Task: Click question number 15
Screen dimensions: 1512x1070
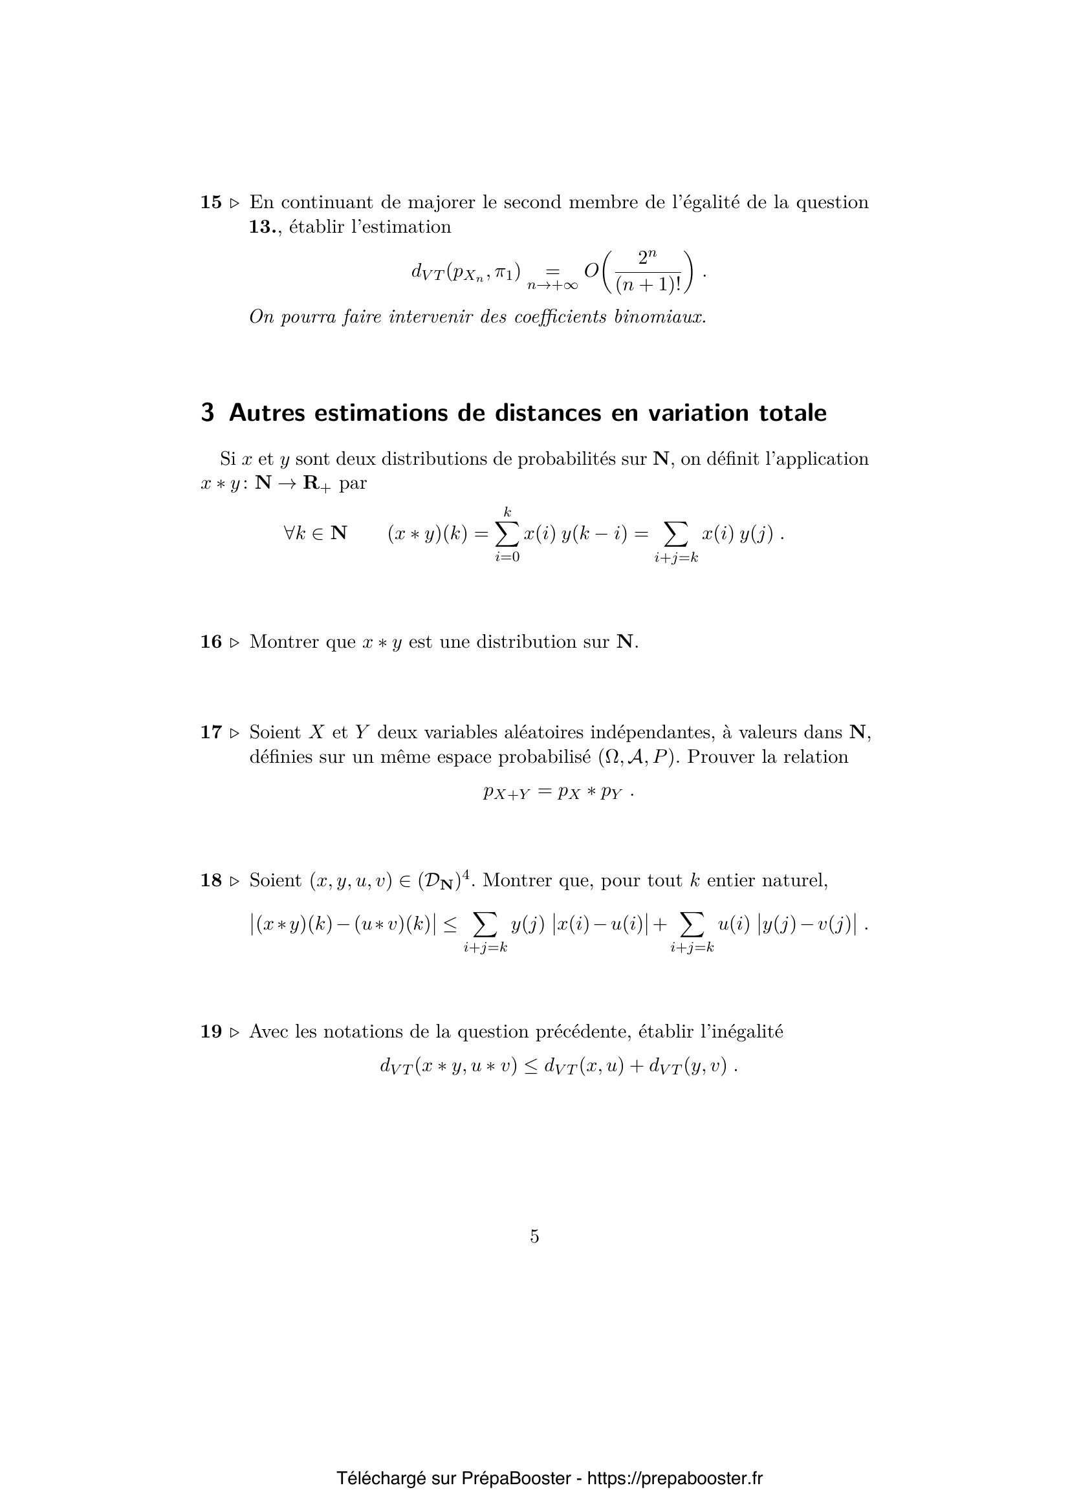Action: [211, 202]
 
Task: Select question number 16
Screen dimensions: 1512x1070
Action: [211, 642]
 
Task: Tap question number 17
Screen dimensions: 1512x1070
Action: [211, 732]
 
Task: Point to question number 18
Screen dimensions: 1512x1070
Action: [211, 881]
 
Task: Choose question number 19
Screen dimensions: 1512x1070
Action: [211, 1032]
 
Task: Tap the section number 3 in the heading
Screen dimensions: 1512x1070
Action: [208, 413]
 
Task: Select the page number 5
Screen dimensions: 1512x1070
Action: [534, 1237]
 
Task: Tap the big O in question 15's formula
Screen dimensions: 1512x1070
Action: [592, 270]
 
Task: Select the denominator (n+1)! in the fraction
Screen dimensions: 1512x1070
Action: [648, 285]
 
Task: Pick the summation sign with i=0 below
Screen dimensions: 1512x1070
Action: [507, 533]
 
